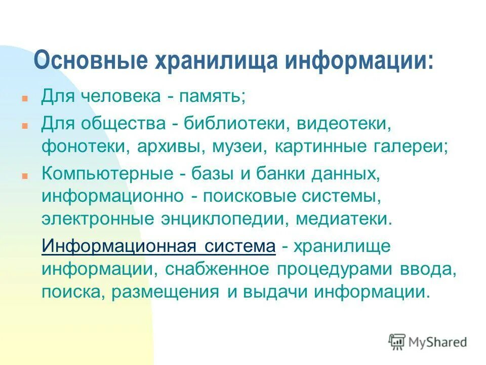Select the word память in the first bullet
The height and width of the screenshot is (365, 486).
[x=209, y=96]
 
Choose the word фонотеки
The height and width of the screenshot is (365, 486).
[x=84, y=147]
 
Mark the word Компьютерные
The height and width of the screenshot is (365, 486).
[x=108, y=174]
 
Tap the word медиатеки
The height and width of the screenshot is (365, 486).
[x=344, y=220]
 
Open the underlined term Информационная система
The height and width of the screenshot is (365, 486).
[x=158, y=247]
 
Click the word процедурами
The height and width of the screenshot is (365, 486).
[x=334, y=270]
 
